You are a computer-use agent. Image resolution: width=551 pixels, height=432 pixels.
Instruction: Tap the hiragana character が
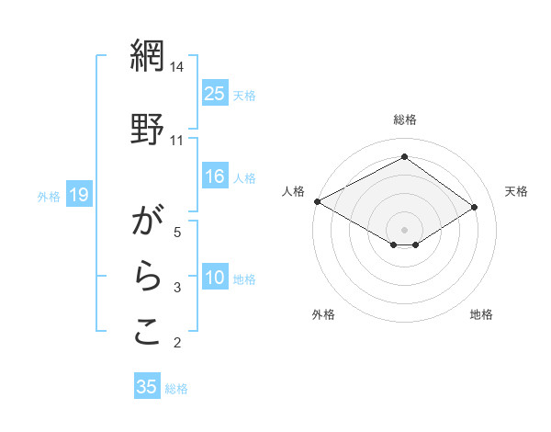146,222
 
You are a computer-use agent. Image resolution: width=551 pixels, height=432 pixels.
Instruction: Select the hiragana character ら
146,278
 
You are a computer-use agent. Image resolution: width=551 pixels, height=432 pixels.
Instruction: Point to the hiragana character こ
146,332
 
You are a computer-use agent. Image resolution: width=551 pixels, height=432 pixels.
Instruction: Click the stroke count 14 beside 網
177,67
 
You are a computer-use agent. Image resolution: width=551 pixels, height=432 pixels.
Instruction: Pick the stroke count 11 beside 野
177,140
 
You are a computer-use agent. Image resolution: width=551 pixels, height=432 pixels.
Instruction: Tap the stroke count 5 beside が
177,233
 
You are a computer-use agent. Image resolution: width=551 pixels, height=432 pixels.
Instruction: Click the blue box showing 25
215,94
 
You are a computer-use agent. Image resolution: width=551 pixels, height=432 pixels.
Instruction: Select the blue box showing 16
215,177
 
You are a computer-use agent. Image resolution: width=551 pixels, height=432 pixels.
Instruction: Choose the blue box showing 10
215,279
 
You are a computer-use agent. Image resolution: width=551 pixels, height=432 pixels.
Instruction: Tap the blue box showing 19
78,195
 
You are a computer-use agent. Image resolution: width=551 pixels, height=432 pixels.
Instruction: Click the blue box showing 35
147,387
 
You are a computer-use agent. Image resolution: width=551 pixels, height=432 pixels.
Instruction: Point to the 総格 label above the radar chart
405,119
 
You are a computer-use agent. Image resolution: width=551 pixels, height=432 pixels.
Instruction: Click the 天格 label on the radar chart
516,191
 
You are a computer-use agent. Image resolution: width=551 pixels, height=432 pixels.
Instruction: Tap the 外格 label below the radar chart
323,314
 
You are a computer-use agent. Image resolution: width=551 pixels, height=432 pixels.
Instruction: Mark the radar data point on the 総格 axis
404,157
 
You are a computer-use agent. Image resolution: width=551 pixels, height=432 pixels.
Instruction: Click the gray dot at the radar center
404,228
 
